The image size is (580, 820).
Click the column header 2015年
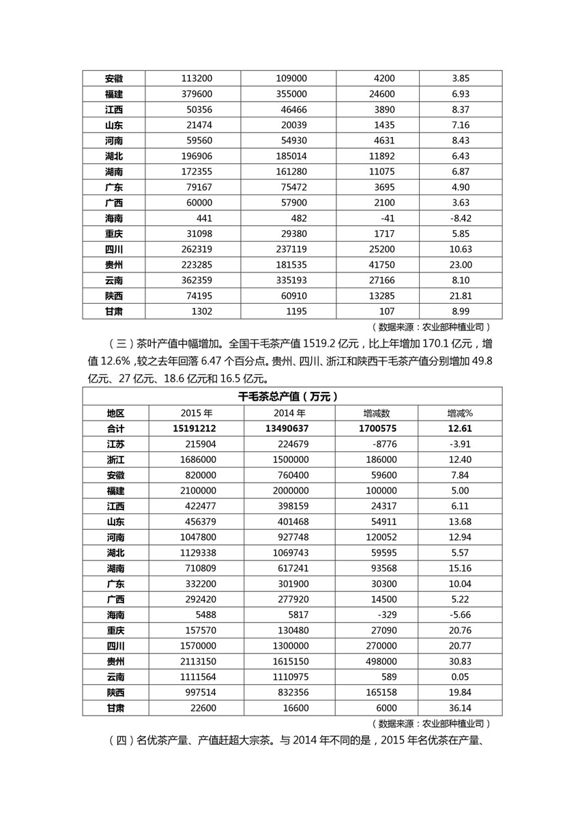tap(197, 412)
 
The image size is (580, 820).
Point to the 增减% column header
tap(460, 412)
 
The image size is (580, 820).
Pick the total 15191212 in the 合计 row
tap(197, 428)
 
